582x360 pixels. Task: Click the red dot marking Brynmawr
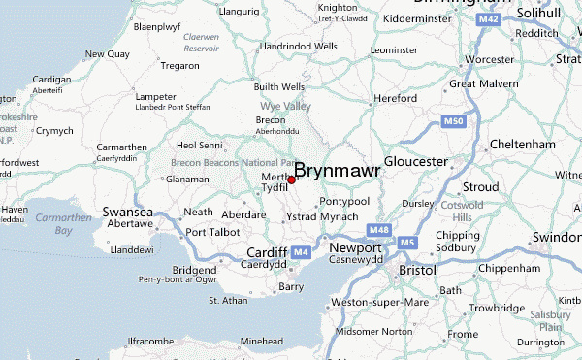point(291,180)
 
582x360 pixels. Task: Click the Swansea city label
point(128,212)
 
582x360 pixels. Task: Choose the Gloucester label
point(416,160)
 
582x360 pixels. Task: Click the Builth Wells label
point(279,86)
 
